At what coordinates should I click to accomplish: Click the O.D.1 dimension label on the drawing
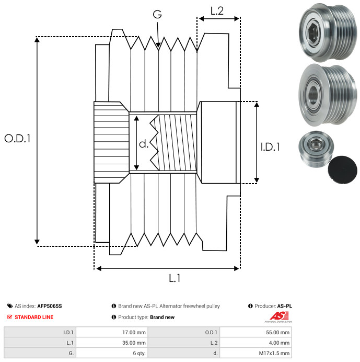click(18, 139)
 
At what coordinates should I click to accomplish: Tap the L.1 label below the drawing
click(175, 278)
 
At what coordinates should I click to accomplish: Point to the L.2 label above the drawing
click(217, 11)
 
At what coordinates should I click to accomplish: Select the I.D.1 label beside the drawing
click(270, 147)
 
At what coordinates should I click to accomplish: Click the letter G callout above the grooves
click(157, 14)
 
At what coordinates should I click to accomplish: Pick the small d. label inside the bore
click(144, 144)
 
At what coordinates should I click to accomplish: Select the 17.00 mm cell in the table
click(134, 333)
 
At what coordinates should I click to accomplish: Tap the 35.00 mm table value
click(134, 343)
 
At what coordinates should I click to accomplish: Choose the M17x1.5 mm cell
click(274, 353)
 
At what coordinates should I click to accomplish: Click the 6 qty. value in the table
click(140, 353)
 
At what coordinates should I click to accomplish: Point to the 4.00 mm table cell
click(279, 343)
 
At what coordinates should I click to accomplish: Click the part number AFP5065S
click(50, 306)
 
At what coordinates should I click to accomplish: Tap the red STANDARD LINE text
click(34, 317)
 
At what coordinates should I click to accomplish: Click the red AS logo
click(279, 316)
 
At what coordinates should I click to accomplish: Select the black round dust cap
click(342, 169)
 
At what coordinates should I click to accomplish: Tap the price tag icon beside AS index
click(10, 306)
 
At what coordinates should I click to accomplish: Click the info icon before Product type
click(114, 317)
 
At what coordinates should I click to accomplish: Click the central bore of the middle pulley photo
click(313, 94)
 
